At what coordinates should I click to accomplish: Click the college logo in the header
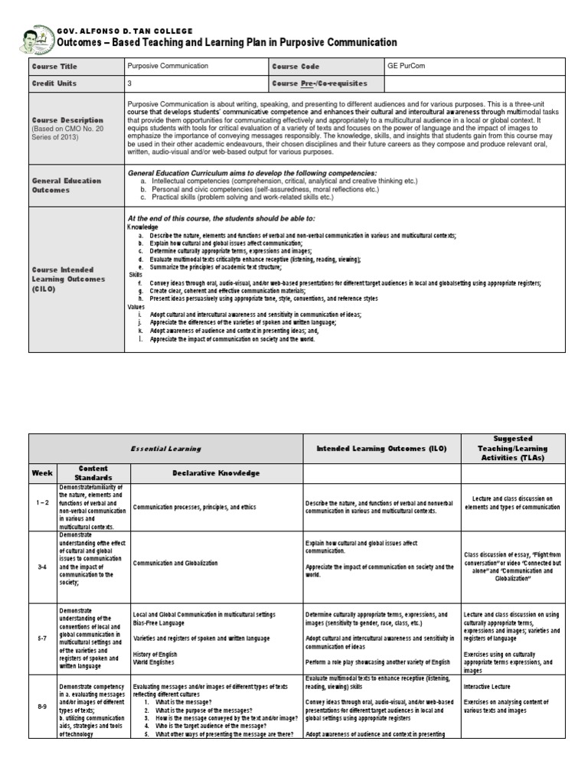point(36,38)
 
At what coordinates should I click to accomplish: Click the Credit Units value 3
point(129,83)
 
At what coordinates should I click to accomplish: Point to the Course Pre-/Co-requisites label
point(319,83)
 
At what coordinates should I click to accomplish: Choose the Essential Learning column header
point(165,449)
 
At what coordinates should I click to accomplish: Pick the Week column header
point(42,473)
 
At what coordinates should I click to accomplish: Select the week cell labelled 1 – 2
point(42,506)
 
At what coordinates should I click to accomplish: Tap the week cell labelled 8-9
point(42,707)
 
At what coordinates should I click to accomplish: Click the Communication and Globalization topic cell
point(175,563)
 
